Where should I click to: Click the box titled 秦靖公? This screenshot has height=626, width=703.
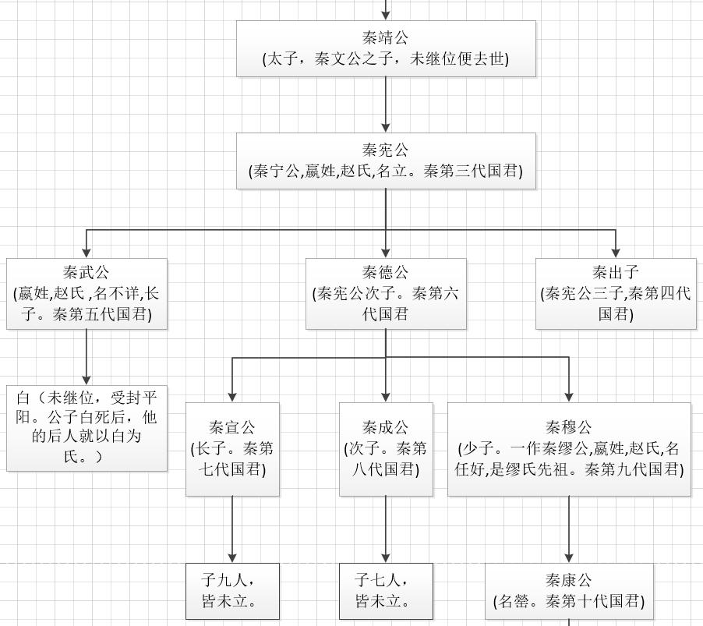(x=386, y=48)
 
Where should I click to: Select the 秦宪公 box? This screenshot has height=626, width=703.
(x=386, y=161)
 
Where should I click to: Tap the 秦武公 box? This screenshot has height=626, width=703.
(x=87, y=294)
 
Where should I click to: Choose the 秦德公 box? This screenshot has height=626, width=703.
(x=386, y=294)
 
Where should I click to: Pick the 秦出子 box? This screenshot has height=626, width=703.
(x=616, y=294)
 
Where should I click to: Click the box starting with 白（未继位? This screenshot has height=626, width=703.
(x=87, y=428)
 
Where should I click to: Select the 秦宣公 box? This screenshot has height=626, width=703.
(x=232, y=449)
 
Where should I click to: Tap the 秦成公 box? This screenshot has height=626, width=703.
(x=386, y=449)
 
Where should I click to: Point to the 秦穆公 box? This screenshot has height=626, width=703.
(x=569, y=449)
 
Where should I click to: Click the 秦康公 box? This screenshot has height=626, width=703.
(x=569, y=592)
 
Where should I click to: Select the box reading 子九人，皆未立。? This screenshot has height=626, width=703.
(x=232, y=592)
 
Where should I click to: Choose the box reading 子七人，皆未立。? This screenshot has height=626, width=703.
(x=386, y=592)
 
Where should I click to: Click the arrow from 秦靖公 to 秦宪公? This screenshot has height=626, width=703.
(x=386, y=104)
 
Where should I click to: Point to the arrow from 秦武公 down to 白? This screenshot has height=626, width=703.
(x=87, y=357)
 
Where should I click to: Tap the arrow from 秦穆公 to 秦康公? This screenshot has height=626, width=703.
(x=569, y=529)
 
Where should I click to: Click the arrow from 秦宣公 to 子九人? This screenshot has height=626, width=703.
(x=232, y=529)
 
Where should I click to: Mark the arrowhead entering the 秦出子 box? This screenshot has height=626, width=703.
(x=616, y=253)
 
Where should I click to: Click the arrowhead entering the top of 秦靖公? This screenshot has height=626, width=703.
(x=386, y=16)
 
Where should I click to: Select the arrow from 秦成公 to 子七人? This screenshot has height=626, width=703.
(x=386, y=529)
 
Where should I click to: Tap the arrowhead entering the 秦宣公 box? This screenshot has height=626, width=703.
(x=232, y=397)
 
